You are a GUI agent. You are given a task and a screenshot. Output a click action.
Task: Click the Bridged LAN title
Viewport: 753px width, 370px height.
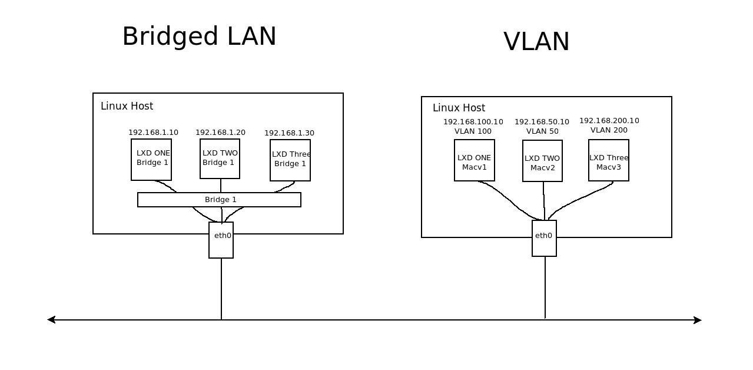click(199, 37)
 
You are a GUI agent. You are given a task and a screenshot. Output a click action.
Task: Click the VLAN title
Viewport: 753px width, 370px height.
click(536, 42)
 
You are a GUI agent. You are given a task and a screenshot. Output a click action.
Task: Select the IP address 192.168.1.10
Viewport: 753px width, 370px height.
click(153, 133)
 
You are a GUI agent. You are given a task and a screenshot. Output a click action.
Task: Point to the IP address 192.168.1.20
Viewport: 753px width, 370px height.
click(220, 133)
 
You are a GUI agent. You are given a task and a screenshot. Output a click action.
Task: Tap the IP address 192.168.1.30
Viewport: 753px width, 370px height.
click(289, 133)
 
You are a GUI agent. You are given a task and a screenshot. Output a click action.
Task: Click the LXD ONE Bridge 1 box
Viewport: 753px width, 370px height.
click(151, 159)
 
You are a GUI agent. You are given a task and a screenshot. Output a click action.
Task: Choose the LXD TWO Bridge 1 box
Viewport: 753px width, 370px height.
click(220, 158)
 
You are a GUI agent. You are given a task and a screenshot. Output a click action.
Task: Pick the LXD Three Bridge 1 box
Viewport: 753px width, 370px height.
click(290, 160)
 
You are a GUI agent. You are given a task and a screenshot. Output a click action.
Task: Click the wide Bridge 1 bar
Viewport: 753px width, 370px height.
click(219, 200)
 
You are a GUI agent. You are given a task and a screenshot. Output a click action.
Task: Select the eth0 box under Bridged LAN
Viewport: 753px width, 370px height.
click(221, 240)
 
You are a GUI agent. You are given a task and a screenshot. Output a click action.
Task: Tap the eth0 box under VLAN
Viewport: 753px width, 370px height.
click(544, 238)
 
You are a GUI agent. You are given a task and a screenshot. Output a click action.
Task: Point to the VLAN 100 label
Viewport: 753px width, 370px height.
click(473, 131)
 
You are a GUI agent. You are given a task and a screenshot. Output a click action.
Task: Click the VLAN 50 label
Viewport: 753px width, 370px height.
click(542, 131)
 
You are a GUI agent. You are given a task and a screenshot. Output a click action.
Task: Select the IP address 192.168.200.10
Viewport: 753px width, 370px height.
click(609, 121)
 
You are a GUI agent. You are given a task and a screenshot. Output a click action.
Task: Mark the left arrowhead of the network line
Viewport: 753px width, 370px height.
click(51, 320)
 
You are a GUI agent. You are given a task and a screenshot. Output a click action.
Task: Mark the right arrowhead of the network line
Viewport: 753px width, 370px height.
click(698, 321)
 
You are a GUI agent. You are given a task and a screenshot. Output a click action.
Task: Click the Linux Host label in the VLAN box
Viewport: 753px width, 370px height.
click(459, 108)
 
